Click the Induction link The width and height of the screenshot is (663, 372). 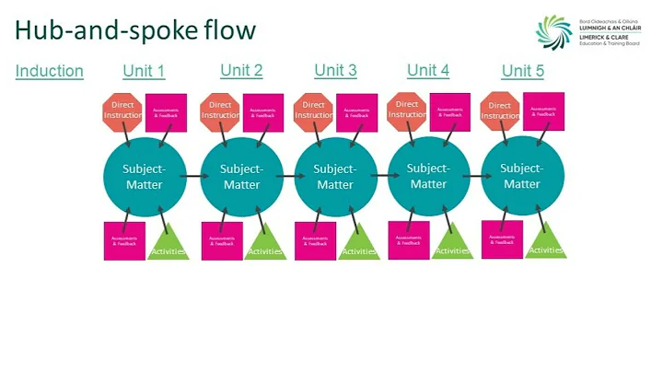(50, 71)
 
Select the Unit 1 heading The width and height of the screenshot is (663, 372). (144, 71)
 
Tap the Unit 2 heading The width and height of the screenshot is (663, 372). (241, 70)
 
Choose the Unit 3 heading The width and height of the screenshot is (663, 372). (335, 70)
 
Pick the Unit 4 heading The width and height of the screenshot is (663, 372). (428, 70)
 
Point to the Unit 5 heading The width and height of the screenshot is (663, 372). (522, 71)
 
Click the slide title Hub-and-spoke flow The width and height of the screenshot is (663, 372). (135, 30)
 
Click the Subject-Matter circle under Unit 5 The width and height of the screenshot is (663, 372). (520, 175)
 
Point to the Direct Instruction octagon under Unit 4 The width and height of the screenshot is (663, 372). (406, 110)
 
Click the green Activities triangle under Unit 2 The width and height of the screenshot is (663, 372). (264, 242)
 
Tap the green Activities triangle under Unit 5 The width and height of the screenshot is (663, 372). (545, 240)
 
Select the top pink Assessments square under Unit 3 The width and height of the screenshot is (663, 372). (356, 113)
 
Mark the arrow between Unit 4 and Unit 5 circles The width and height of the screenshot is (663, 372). (473, 174)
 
